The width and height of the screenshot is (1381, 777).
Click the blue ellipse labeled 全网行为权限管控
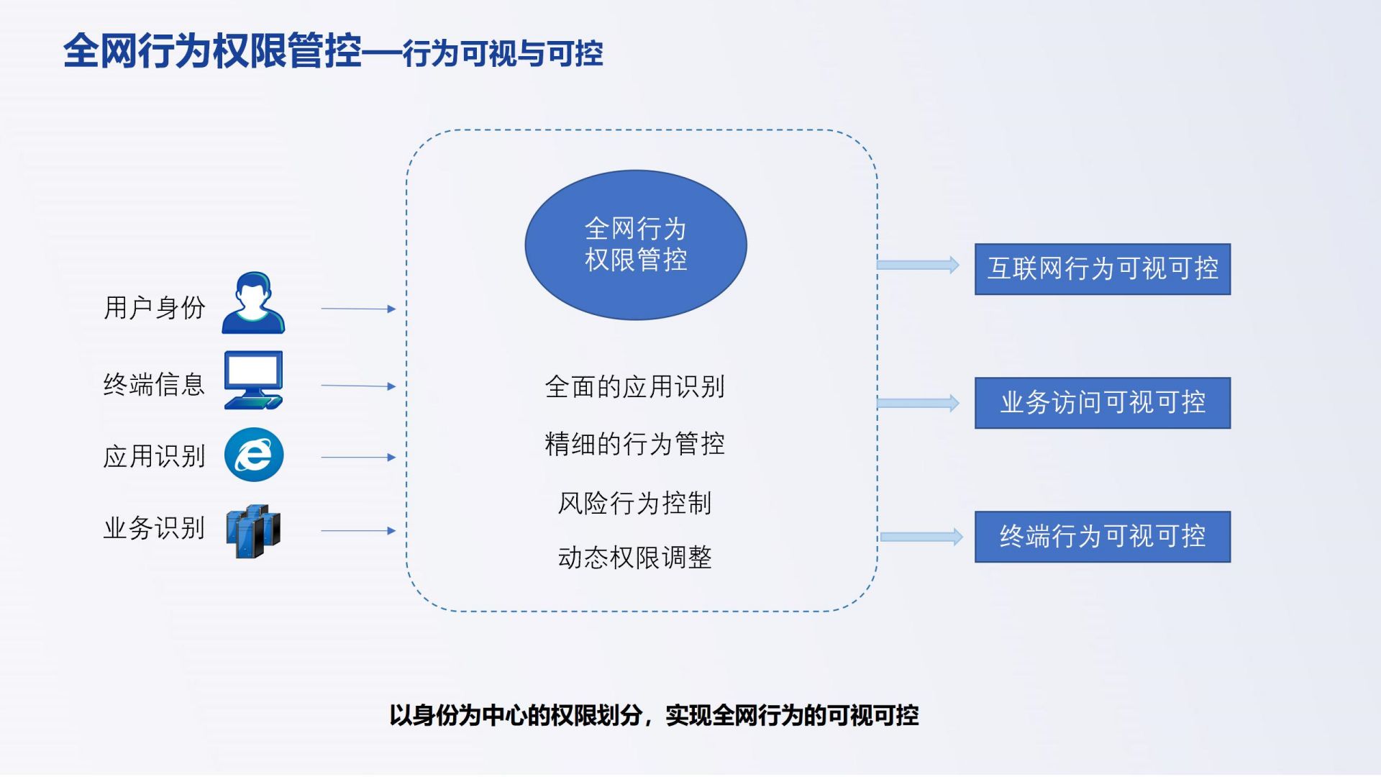pos(636,245)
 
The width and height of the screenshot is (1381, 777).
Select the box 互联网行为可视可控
pos(1102,269)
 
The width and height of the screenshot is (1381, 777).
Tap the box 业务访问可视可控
pos(1102,403)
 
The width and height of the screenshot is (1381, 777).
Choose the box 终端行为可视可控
pos(1102,537)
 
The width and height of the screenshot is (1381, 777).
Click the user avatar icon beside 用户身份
pos(253,303)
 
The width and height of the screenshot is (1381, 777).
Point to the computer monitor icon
pos(253,380)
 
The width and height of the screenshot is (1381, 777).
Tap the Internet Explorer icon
pos(254,455)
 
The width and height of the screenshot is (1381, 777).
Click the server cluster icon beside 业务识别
pos(253,531)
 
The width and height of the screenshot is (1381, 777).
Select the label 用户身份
pos(155,308)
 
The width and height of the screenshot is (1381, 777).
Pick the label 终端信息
pos(154,384)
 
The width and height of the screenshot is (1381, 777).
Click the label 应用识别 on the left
pos(154,456)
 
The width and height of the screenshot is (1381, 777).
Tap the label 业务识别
pos(154,529)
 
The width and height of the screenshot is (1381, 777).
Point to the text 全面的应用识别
pos(634,387)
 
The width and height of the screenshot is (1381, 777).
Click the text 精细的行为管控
pos(634,444)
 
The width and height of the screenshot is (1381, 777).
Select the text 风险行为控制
pos(634,503)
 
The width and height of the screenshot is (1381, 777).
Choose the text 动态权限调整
pos(634,558)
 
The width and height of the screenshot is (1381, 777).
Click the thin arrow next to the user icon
pos(358,309)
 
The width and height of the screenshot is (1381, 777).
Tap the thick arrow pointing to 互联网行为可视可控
pos(919,265)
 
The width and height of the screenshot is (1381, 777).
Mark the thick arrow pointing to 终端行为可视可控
pos(921,537)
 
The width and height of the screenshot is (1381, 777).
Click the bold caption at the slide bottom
pos(654,715)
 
